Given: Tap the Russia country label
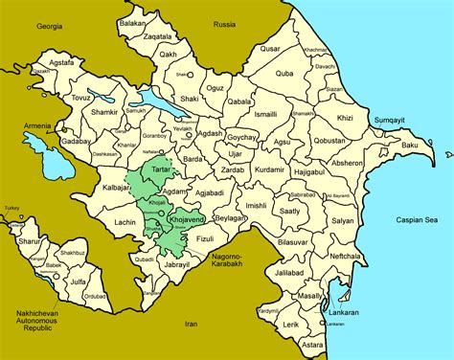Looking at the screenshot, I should click(224, 24).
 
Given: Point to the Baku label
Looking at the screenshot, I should click(410, 145).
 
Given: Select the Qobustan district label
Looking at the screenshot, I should click(329, 141).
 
